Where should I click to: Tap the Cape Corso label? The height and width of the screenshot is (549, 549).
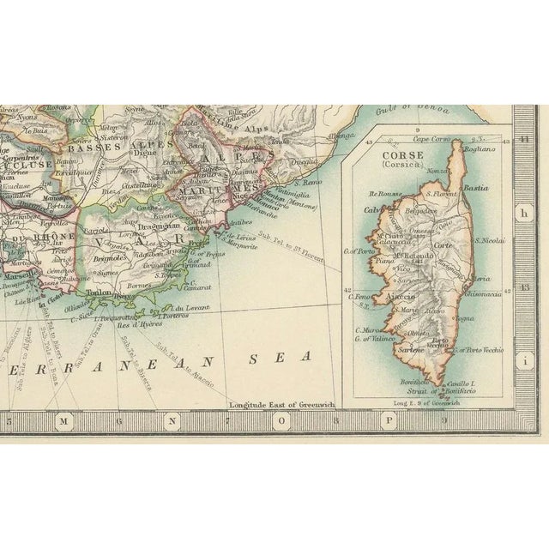coord(432,139)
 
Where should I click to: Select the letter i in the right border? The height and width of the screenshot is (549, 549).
coord(522,363)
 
